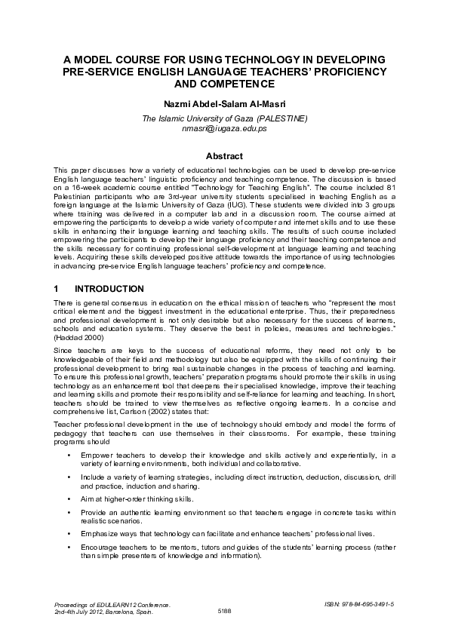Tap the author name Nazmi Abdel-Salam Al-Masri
click(224, 103)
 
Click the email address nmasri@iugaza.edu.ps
click(224, 128)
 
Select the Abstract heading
click(224, 156)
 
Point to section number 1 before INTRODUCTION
click(57, 289)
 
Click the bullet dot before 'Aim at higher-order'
click(69, 499)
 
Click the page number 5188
click(224, 612)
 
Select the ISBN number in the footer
click(361, 604)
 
